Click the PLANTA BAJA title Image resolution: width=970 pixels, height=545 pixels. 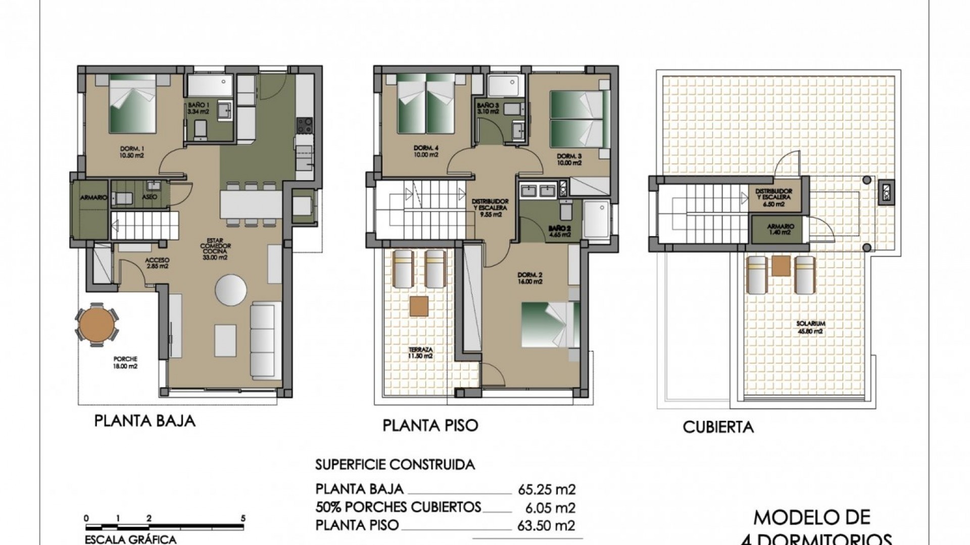(x=144, y=421)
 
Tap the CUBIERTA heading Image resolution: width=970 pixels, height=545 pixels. (x=718, y=427)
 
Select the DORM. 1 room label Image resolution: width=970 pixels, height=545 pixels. (x=132, y=152)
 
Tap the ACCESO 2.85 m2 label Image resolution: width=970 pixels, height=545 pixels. (x=157, y=263)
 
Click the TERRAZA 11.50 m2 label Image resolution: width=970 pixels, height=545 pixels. (x=421, y=352)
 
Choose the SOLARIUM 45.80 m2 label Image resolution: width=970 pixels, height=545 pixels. (x=810, y=327)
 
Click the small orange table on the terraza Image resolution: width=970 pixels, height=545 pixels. (x=419, y=306)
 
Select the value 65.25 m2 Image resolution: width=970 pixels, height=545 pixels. (x=547, y=489)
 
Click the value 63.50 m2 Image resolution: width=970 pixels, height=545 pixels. (x=547, y=525)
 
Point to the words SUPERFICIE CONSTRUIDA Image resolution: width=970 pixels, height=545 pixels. (x=395, y=464)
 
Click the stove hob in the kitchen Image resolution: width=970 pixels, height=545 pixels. (x=304, y=126)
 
